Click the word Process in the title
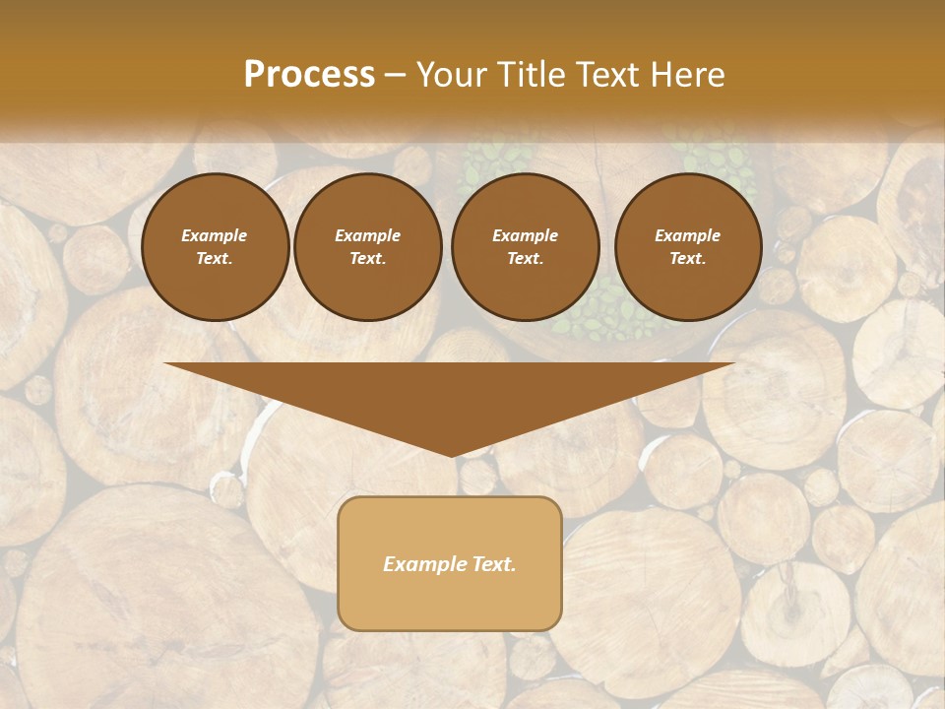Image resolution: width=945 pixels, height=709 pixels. [309, 75]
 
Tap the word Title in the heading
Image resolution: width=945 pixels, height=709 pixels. [534, 75]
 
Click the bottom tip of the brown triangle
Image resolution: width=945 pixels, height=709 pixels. [451, 454]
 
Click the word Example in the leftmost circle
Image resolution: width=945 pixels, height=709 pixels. [215, 235]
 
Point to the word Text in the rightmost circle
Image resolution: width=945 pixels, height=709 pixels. [687, 259]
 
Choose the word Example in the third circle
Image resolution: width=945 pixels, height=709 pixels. [525, 235]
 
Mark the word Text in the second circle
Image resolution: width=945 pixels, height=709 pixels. [367, 259]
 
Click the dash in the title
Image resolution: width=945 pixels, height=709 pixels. [396, 76]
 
